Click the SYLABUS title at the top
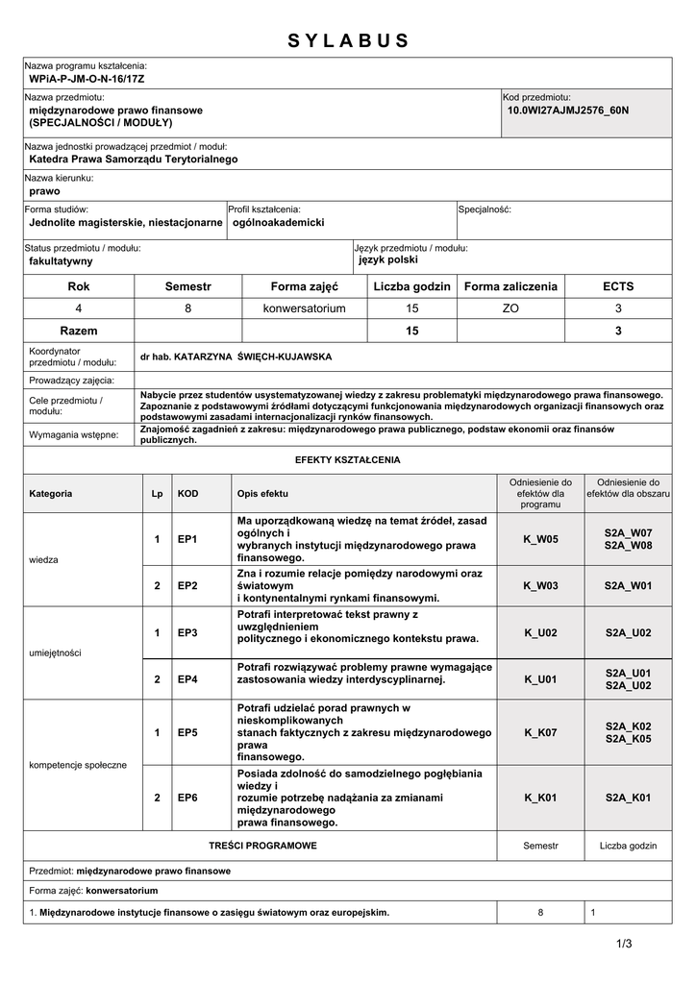pyautogui.click(x=348, y=40)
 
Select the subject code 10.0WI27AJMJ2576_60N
pyautogui.click(x=567, y=111)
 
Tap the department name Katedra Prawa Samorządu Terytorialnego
pyautogui.click(x=134, y=160)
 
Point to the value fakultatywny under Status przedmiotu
pyautogui.click(x=61, y=260)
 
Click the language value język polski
pyautogui.click(x=388, y=259)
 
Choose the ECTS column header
pyautogui.click(x=618, y=286)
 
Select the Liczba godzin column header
pyautogui.click(x=411, y=286)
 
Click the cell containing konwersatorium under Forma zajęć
pyautogui.click(x=304, y=308)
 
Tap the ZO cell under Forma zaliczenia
pyautogui.click(x=510, y=308)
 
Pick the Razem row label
pyautogui.click(x=78, y=331)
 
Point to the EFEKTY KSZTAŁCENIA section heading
pyautogui.click(x=347, y=460)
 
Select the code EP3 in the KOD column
pyautogui.click(x=187, y=632)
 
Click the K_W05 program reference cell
pyautogui.click(x=540, y=539)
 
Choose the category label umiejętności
pyautogui.click(x=56, y=652)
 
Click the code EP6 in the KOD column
pyautogui.click(x=187, y=798)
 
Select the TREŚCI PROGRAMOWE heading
pyautogui.click(x=262, y=846)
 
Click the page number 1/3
pyautogui.click(x=625, y=944)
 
